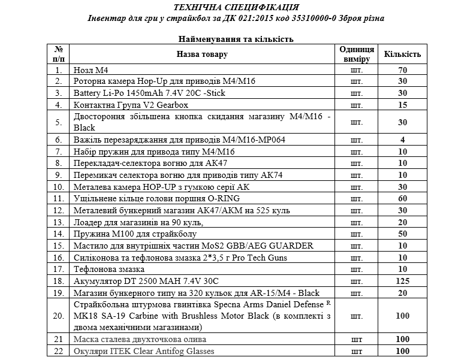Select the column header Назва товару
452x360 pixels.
(x=201, y=55)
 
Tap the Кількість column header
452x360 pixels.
(x=403, y=55)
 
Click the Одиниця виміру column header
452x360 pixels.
(x=357, y=55)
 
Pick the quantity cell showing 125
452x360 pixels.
(x=403, y=281)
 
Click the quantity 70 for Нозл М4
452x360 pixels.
(x=403, y=70)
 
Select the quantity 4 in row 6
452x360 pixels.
(x=403, y=140)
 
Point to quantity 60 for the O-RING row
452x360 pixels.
(x=403, y=198)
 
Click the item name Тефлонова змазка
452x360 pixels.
(x=104, y=269)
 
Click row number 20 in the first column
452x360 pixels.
(x=58, y=316)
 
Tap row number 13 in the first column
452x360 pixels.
(x=58, y=222)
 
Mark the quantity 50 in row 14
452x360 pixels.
(x=403, y=234)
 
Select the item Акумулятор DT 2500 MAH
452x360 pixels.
(x=146, y=281)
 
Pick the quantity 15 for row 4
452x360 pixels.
(x=403, y=105)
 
